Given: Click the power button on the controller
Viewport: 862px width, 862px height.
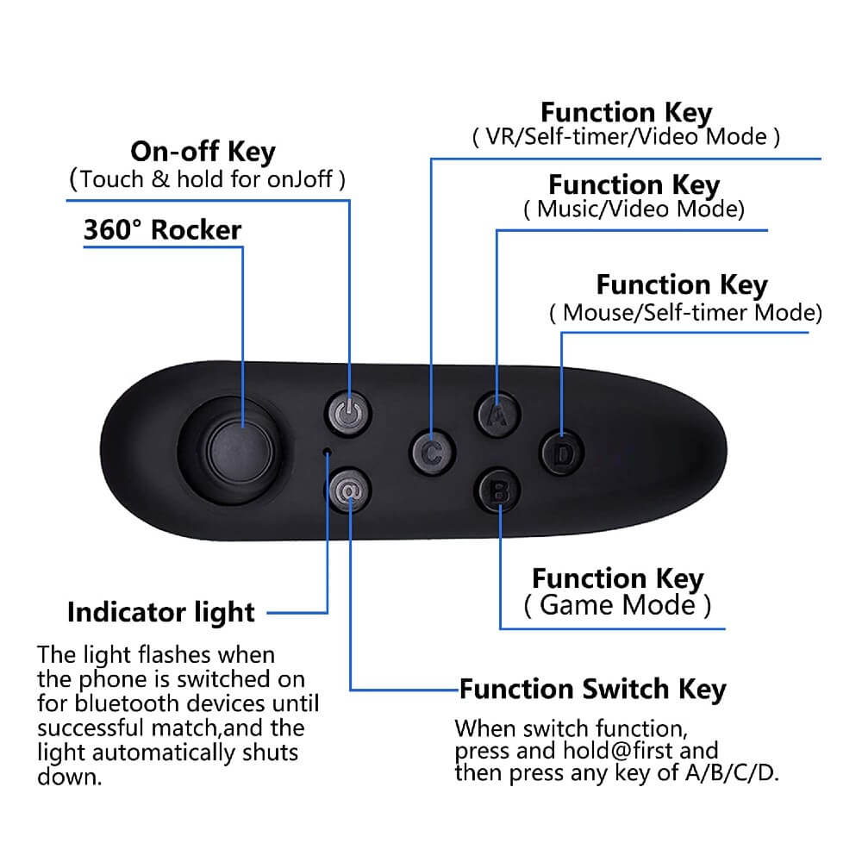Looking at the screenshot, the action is click(x=348, y=414).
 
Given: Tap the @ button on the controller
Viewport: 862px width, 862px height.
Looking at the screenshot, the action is click(x=349, y=491).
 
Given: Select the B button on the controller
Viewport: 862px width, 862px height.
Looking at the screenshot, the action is click(x=498, y=491).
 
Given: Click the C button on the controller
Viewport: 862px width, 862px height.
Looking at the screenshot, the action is click(x=433, y=453).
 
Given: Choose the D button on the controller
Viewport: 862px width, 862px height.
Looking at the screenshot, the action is click(x=561, y=453).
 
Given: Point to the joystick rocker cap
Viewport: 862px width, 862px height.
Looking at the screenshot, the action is click(x=240, y=452).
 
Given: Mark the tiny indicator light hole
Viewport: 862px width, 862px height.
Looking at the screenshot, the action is click(x=327, y=453).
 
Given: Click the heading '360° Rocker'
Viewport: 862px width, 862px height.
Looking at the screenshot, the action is click(x=162, y=230).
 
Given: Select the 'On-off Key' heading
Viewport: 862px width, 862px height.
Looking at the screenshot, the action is click(x=203, y=152).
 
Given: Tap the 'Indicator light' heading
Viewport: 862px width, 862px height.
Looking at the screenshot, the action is click(x=161, y=612).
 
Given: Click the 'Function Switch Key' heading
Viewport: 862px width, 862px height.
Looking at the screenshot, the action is click(x=593, y=690).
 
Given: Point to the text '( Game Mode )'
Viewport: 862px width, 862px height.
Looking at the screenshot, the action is click(x=617, y=605).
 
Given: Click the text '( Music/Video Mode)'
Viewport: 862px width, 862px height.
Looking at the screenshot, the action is click(x=634, y=209).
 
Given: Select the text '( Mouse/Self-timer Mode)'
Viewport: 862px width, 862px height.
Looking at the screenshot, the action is click(x=685, y=313).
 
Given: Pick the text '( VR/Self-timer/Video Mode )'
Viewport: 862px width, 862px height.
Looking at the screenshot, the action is click(x=626, y=137).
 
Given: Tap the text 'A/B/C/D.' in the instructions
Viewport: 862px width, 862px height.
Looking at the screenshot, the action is click(x=732, y=773).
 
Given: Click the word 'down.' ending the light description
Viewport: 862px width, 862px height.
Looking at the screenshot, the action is click(x=70, y=777).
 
